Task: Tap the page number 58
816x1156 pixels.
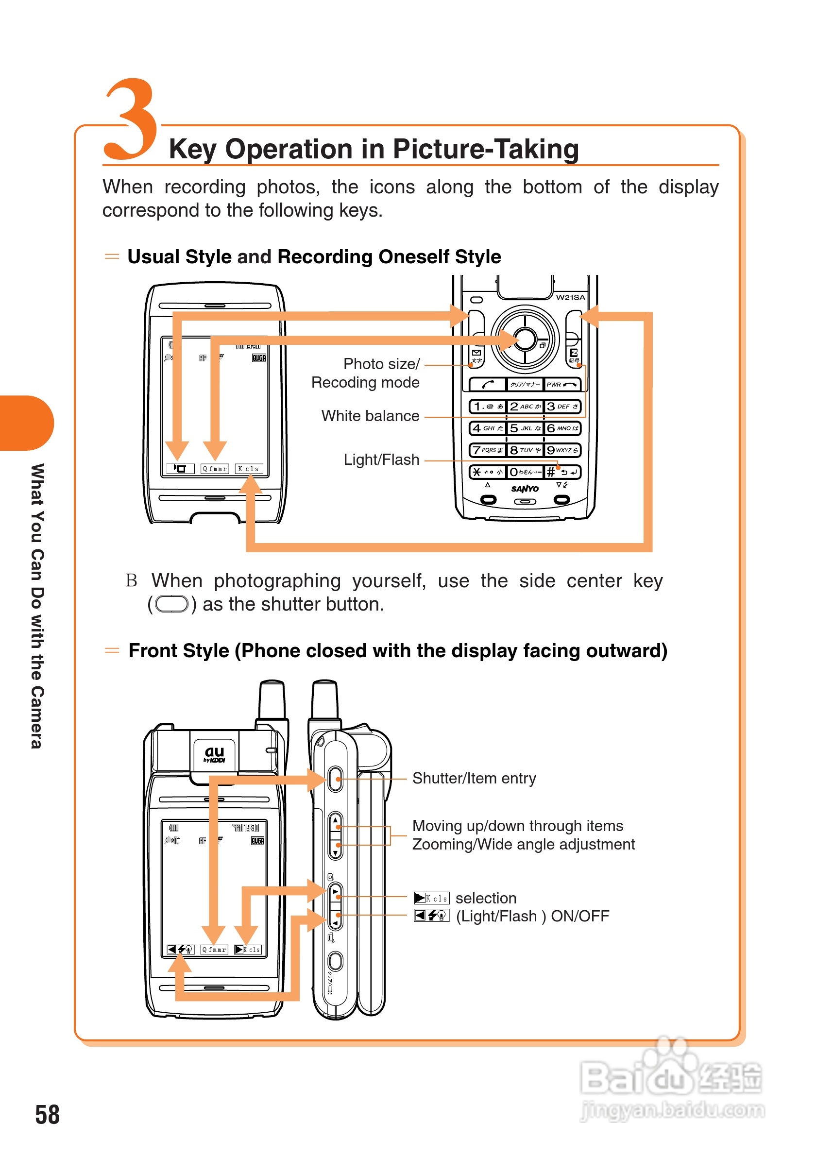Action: [47, 1114]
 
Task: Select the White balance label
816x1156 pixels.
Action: [370, 416]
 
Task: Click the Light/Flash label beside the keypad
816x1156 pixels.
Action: [381, 459]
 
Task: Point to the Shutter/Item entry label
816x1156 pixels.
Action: [474, 779]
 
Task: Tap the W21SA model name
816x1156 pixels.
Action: [570, 298]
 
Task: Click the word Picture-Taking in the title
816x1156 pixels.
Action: [486, 149]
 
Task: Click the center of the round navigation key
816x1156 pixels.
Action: [525, 340]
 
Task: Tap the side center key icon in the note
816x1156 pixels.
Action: [171, 604]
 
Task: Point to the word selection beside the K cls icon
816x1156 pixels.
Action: [486, 898]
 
